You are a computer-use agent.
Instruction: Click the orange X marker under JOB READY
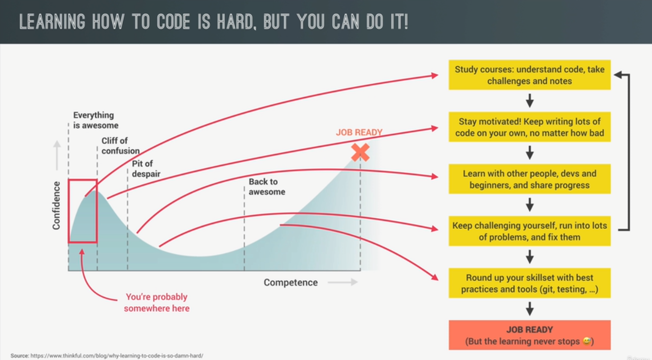[x=360, y=152]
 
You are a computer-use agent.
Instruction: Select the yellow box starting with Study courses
[x=530, y=75]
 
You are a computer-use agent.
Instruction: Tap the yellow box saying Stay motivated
[x=530, y=127]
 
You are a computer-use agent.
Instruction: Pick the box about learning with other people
[x=530, y=179]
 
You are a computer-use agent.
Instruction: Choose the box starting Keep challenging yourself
[x=530, y=231]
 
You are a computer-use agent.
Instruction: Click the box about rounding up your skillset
[x=530, y=283]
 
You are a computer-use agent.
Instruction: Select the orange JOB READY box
[x=530, y=335]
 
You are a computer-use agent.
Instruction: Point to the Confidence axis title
[x=57, y=205]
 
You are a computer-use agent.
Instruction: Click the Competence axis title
[x=290, y=282]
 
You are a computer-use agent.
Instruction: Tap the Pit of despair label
[x=146, y=169]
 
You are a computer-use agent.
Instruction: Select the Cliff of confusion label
[x=121, y=146]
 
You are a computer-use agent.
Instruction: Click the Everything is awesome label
[x=96, y=120]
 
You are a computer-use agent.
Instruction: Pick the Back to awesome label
[x=267, y=187]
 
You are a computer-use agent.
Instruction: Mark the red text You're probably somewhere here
[x=157, y=303]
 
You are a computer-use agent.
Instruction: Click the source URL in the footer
[x=117, y=356]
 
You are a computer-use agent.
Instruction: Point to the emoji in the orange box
[x=587, y=341]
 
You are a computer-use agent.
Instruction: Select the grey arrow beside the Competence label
[x=342, y=282]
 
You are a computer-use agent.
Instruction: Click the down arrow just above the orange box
[x=530, y=309]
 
